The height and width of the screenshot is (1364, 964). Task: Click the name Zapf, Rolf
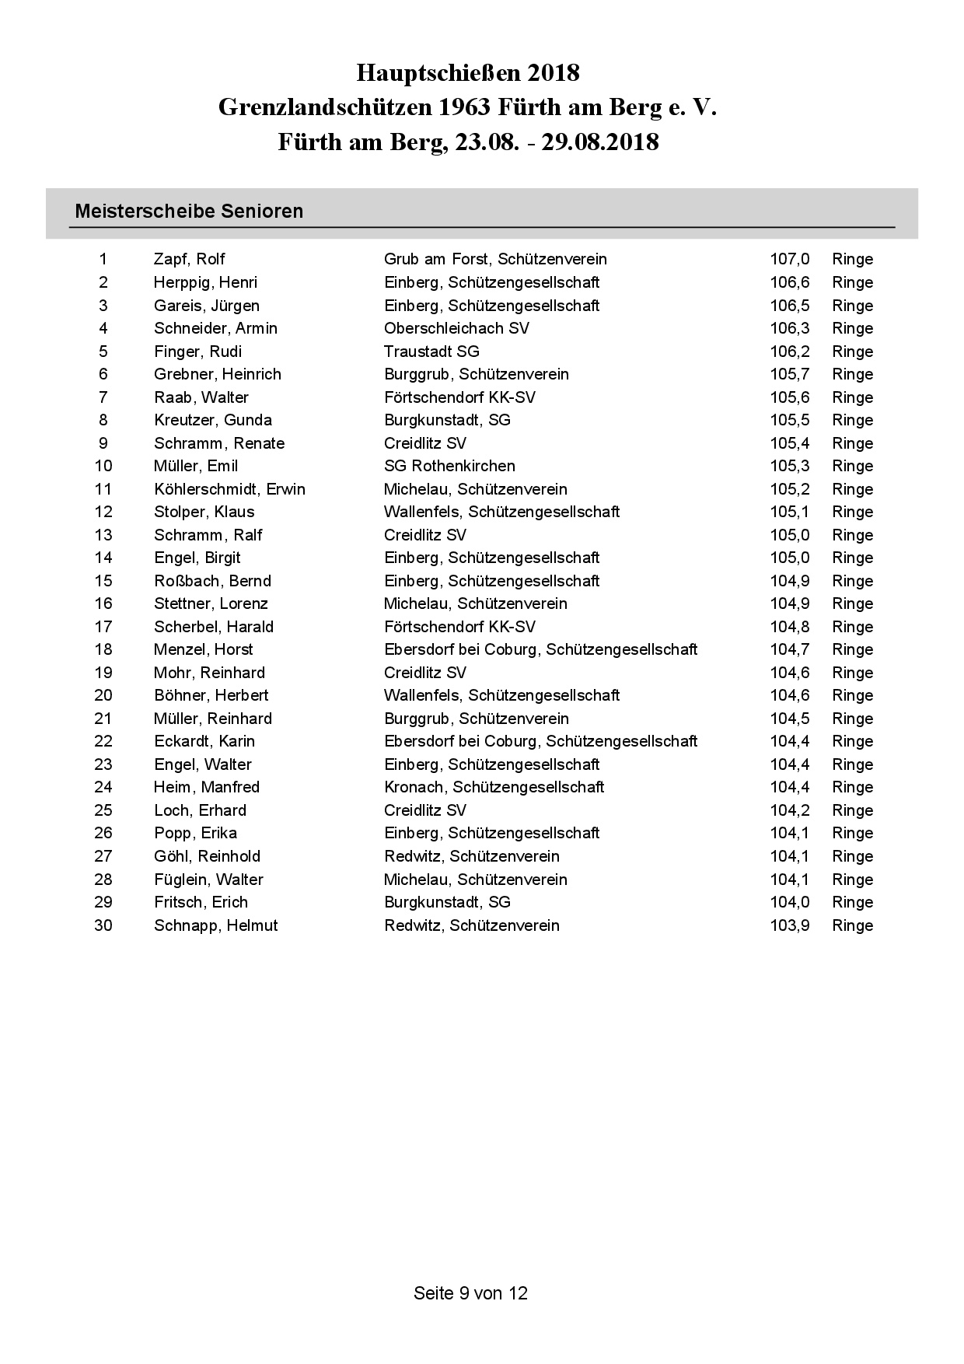click(189, 259)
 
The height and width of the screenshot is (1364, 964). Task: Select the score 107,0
click(789, 259)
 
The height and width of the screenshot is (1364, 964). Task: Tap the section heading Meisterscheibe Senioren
click(189, 211)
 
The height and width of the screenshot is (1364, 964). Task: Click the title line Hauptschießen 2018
click(468, 73)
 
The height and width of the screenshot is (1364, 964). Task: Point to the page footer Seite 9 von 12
click(470, 1292)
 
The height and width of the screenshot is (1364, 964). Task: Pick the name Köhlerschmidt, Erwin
click(229, 489)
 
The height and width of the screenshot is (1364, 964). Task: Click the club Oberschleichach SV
click(456, 328)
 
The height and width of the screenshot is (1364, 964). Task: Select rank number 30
click(103, 925)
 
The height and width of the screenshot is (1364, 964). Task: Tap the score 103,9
click(789, 925)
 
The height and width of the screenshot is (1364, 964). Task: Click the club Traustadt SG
click(431, 351)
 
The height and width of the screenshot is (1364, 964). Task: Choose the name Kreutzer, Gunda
click(212, 420)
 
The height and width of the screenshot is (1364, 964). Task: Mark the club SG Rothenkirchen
click(449, 466)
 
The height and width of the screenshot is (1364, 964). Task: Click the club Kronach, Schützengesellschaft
click(494, 787)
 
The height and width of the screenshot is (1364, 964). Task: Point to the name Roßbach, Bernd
click(212, 581)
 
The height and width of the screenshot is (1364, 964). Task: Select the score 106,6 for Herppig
click(789, 282)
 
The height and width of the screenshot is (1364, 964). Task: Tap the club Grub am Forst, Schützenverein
click(495, 259)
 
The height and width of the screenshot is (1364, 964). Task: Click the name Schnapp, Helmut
click(215, 925)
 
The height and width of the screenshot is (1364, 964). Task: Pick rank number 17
click(103, 627)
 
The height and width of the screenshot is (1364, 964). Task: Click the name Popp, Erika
click(195, 833)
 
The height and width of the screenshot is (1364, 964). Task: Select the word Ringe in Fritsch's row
click(852, 902)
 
